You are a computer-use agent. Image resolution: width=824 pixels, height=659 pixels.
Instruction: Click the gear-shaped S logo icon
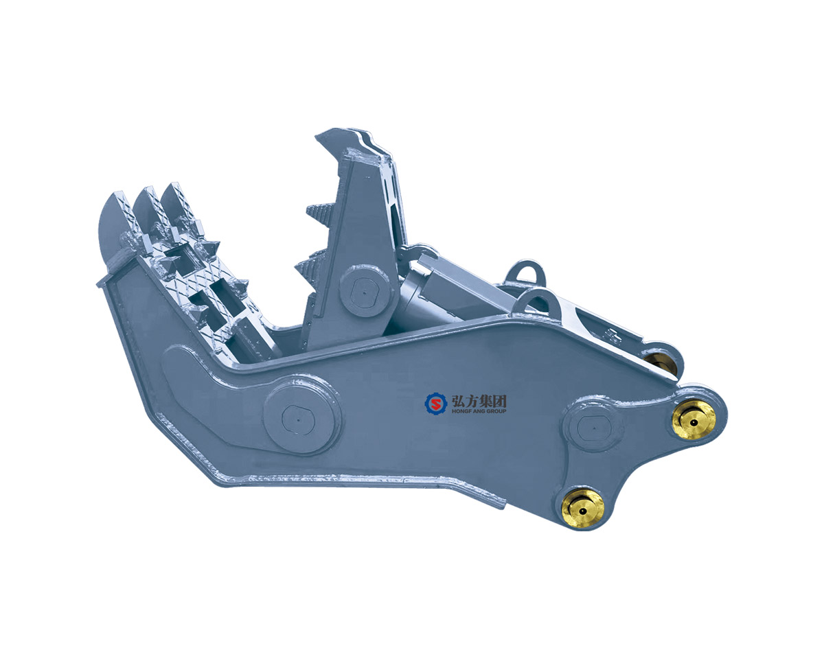click(x=435, y=404)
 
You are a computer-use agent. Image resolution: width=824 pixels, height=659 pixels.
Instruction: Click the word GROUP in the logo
click(x=493, y=411)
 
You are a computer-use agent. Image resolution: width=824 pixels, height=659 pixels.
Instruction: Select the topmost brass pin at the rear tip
click(x=694, y=419)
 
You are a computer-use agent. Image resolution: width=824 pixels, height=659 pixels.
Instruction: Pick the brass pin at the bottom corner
click(x=583, y=508)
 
